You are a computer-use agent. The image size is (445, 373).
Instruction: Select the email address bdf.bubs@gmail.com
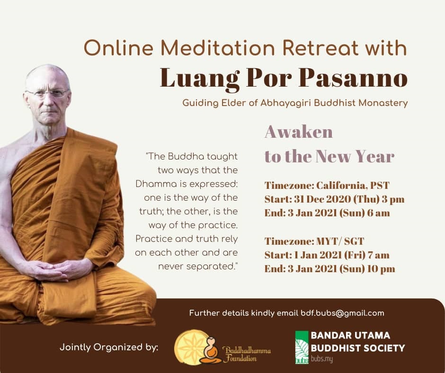tap(342, 313)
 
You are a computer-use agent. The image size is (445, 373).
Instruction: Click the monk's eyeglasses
tap(47, 93)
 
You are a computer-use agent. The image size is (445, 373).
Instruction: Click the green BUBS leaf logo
tap(302, 347)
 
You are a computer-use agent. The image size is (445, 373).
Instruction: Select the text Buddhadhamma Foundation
tap(246, 354)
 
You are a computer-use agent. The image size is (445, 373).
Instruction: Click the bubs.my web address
tap(321, 359)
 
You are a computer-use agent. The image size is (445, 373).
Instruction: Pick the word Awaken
tap(299, 132)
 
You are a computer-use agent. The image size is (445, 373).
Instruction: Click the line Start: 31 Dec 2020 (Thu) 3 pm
tap(334, 199)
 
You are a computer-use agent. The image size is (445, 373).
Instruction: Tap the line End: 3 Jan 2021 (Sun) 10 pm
tap(330, 268)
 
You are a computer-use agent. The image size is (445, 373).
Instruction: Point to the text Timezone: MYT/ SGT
tap(314, 241)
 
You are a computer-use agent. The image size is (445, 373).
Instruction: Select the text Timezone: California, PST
tap(327, 186)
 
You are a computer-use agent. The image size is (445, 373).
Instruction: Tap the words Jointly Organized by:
tap(109, 347)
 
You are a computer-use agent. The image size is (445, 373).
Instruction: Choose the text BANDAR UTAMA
tap(350, 335)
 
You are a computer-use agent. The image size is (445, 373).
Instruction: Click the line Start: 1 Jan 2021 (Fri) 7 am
tap(327, 255)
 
